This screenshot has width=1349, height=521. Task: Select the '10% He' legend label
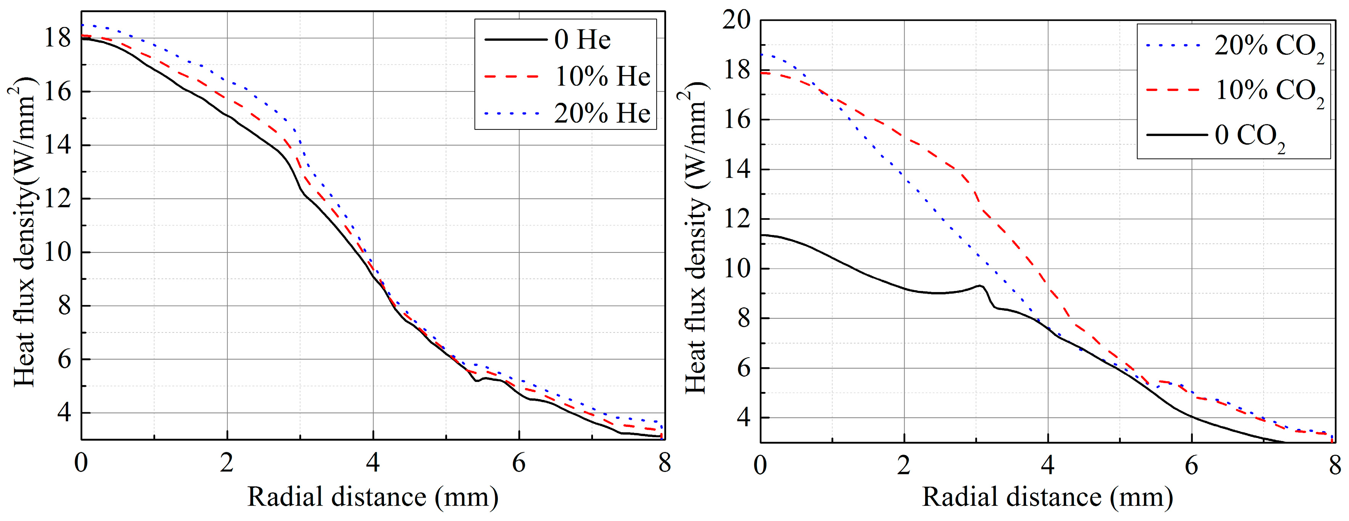602,77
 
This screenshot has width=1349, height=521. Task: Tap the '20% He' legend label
602,113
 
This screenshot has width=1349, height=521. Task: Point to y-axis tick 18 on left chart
58,38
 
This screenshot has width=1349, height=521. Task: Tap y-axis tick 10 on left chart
58,253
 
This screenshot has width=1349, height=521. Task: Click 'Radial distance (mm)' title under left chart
373,496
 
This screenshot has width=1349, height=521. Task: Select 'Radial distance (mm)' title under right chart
1047,496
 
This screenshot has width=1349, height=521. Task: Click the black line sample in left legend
515,40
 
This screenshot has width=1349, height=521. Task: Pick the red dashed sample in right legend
1173,90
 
